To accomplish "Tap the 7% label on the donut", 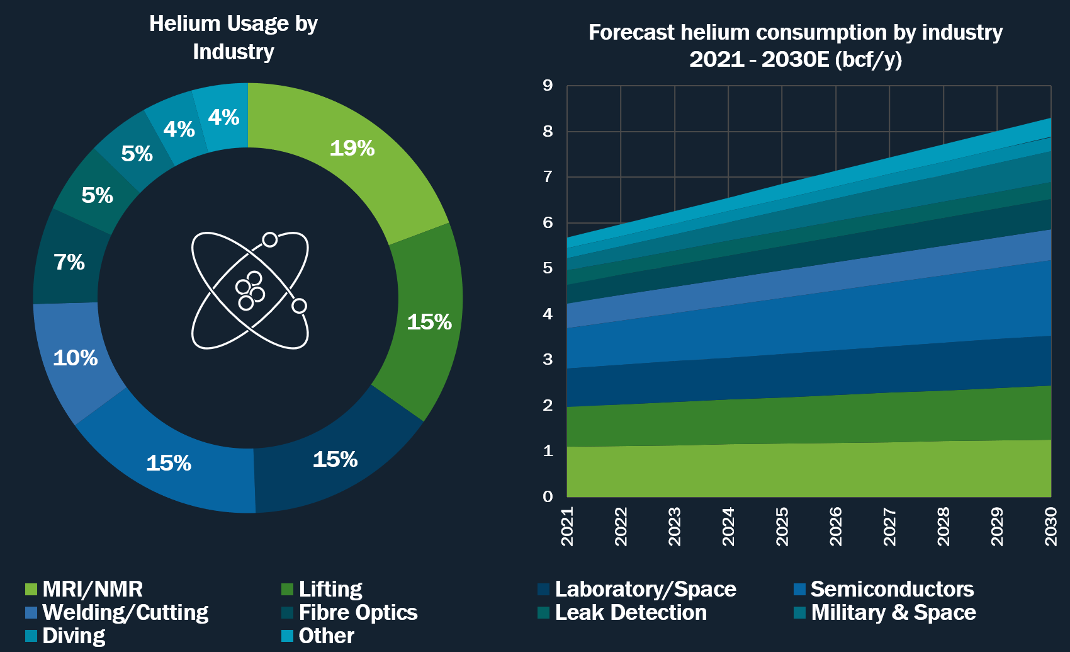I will coord(69,262).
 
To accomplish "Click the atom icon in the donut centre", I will coord(250,290).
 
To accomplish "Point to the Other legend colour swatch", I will coord(288,636).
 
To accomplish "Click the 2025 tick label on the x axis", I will coord(782,527).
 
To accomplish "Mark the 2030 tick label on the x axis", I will coord(1051,527).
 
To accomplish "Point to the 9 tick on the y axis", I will coord(548,86).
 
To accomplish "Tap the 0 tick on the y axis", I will coord(548,496).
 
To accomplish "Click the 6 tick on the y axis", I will coord(548,222).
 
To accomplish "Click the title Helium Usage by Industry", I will coord(234,38).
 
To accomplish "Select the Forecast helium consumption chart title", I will coord(796,45).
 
